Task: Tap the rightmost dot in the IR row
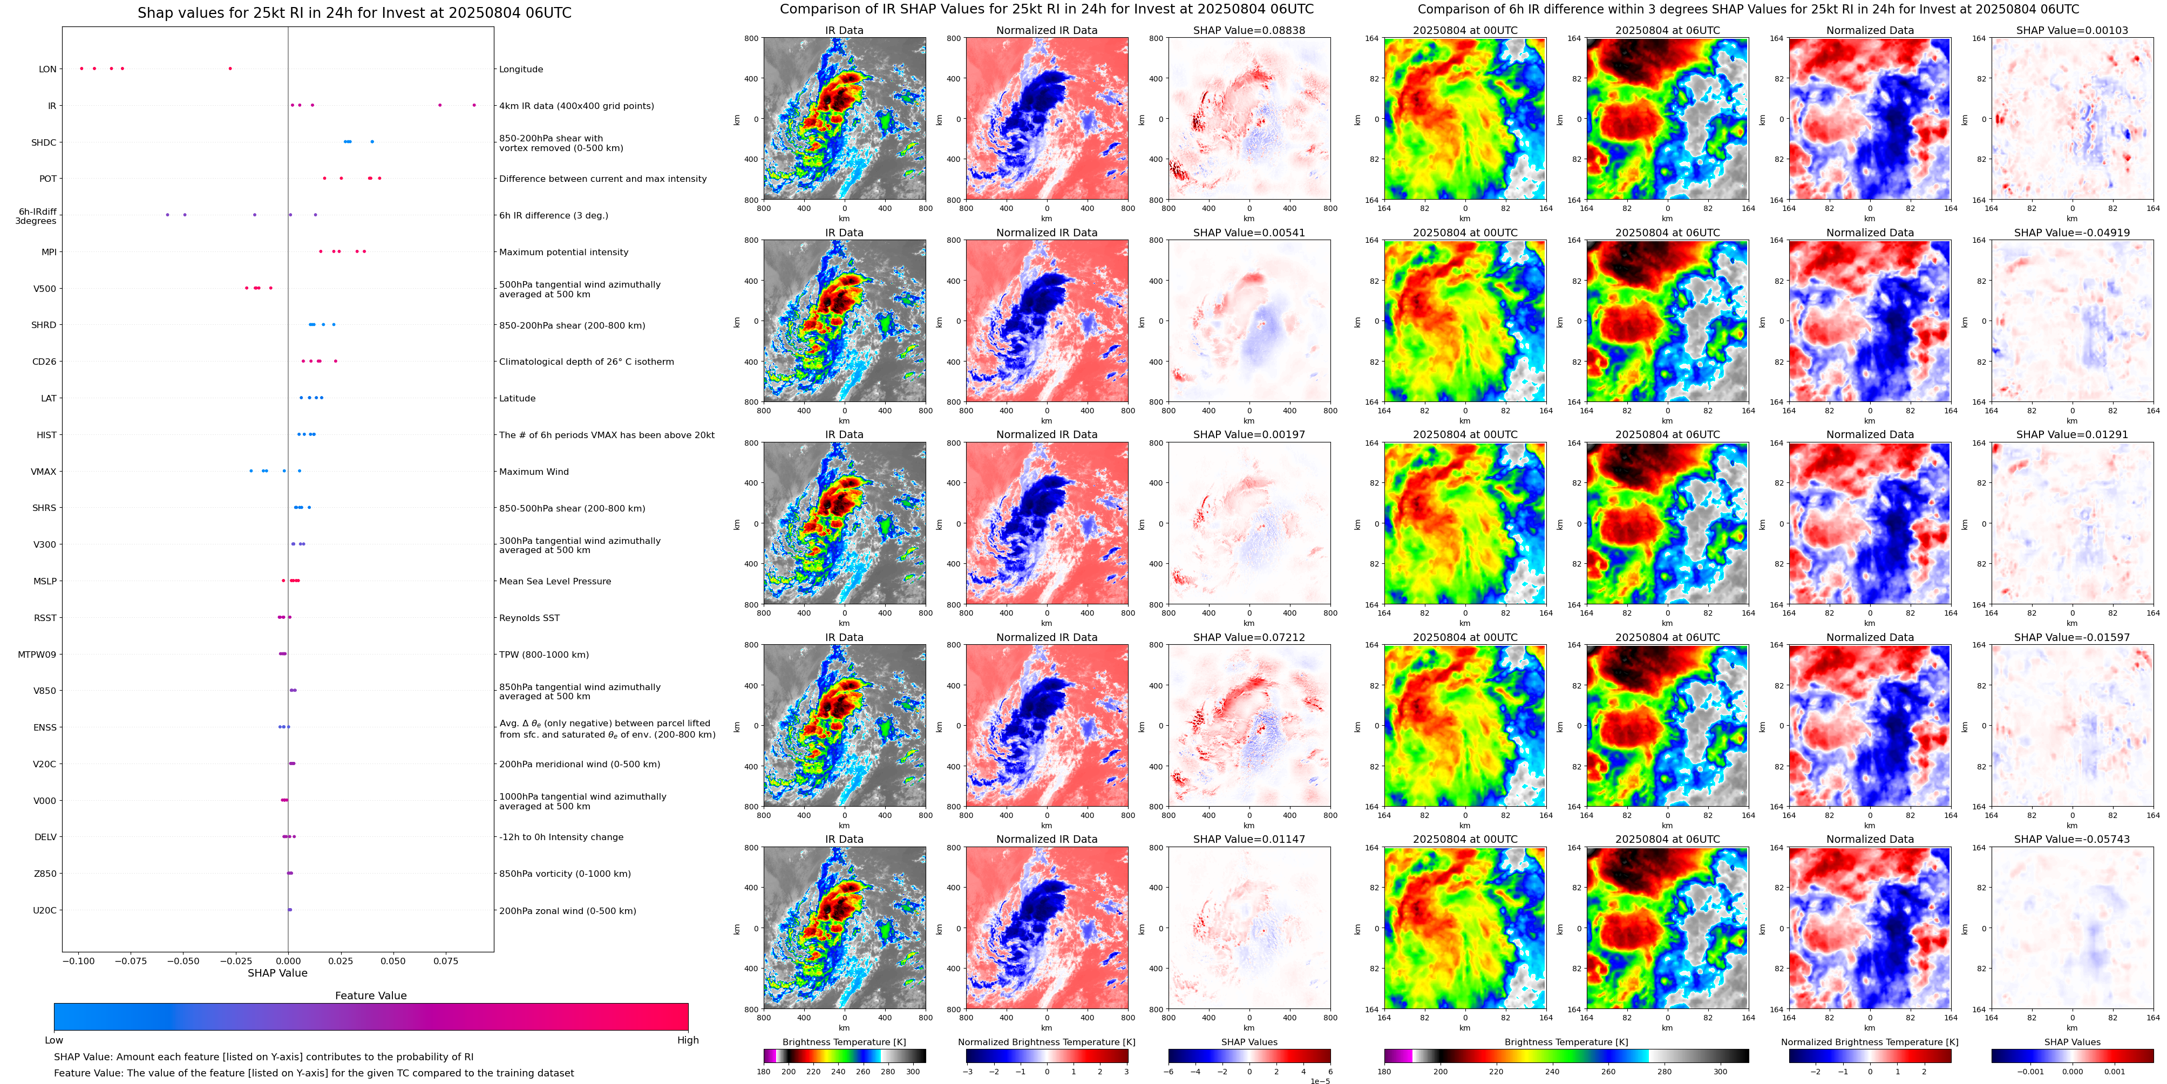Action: tap(474, 105)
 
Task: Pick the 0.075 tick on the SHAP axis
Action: tap(446, 960)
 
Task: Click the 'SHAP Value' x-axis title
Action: tap(277, 973)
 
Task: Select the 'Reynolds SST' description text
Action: tap(529, 618)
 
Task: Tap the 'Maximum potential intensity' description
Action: tap(563, 253)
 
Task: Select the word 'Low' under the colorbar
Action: tap(54, 1040)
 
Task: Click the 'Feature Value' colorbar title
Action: tap(370, 996)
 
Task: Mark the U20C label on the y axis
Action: tap(45, 910)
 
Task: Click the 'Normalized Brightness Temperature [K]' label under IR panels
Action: tap(1047, 1042)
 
